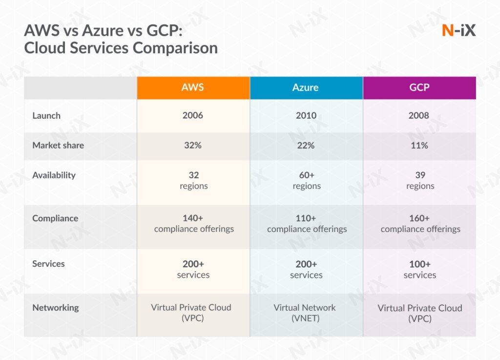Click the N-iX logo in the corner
pos(458,30)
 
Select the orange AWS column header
pos(193,87)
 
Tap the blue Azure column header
pos(306,87)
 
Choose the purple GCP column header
pos(419,87)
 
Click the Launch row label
pos(46,116)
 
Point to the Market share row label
pos(58,145)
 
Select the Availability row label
pos(54,175)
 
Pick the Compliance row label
pos(55,218)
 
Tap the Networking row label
pos(56,308)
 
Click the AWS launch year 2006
pos(193,116)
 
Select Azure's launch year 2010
pos(306,116)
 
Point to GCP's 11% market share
pos(419,145)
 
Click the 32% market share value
pos(193,145)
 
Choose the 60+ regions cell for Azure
pos(307,180)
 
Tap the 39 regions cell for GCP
pos(420,180)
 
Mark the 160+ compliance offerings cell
pos(420,224)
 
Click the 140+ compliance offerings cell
pos(194,224)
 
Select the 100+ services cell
pos(420,270)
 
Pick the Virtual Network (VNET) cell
pos(305,313)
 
